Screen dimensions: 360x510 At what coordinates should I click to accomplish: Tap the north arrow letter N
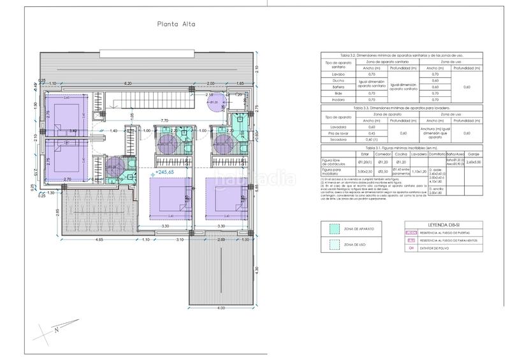(x=57, y=330)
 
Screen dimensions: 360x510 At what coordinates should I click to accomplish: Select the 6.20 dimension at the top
(x=127, y=83)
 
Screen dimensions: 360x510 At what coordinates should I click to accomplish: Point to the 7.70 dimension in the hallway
(x=164, y=120)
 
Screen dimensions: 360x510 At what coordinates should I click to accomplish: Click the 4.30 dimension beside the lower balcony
(x=256, y=270)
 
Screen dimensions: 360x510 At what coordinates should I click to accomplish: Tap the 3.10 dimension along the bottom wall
(x=180, y=239)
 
